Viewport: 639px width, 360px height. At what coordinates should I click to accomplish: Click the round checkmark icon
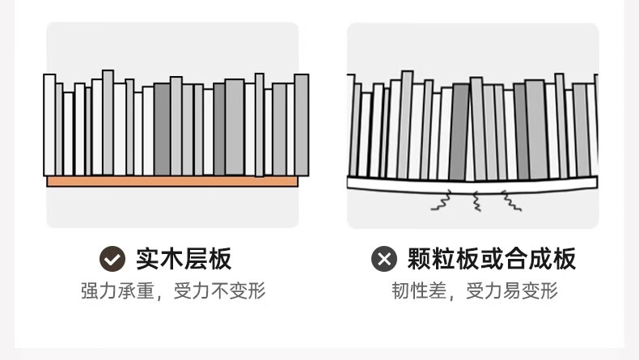tap(112, 259)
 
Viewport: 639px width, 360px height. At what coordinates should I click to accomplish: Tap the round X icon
tap(383, 259)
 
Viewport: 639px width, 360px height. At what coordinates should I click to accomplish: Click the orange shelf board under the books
tap(172, 181)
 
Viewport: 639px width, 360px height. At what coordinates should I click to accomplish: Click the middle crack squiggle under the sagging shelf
tap(476, 201)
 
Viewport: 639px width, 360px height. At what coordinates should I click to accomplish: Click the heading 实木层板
tap(184, 259)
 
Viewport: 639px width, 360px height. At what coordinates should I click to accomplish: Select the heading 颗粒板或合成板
tap(492, 259)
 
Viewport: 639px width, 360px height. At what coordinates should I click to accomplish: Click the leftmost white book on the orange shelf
tap(49, 125)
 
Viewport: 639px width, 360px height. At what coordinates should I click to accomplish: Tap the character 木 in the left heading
tap(171, 259)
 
